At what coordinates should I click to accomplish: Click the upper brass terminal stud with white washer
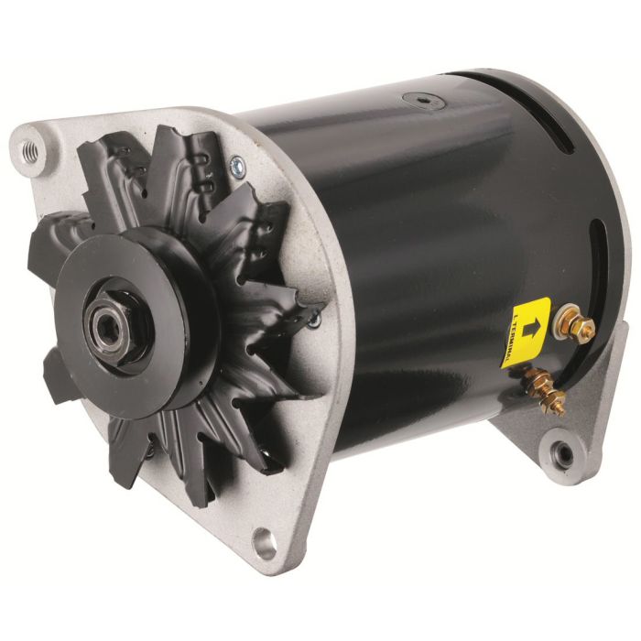tap(577, 324)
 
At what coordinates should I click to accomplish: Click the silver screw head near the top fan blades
tap(239, 166)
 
